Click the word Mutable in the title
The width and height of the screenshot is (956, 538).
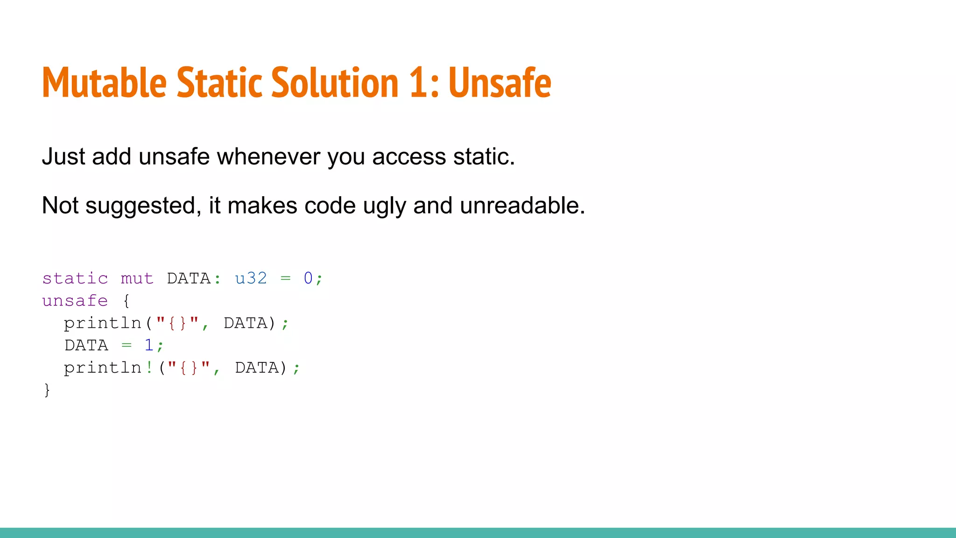coord(104,83)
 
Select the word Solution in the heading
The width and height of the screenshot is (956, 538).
coord(334,83)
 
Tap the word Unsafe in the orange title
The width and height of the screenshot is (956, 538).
coord(499,83)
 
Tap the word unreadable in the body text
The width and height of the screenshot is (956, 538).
coord(522,205)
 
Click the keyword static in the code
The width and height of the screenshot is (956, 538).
coord(75,278)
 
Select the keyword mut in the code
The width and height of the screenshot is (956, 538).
coord(137,278)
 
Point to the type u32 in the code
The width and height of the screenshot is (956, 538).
coord(251,278)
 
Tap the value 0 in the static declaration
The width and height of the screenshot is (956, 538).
coord(308,278)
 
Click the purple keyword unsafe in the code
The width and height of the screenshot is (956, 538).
coord(75,301)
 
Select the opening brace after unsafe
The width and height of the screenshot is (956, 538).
coord(126,301)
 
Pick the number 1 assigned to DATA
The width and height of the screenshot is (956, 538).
coord(149,345)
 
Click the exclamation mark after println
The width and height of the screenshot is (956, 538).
coord(149,368)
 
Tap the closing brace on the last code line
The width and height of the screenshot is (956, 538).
coord(47,390)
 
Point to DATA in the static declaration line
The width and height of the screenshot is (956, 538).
coord(189,278)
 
